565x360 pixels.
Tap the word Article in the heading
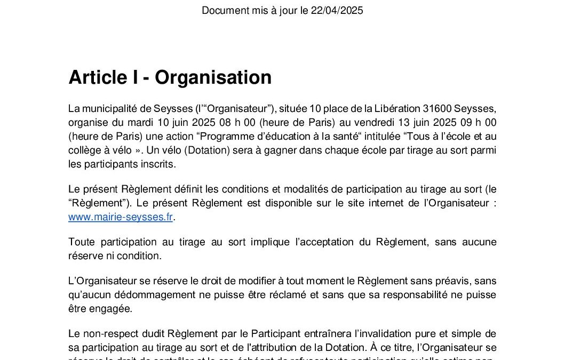[x=95, y=78]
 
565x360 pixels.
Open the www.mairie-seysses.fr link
[x=121, y=217]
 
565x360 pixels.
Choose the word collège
[x=85, y=151]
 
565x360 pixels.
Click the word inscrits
[x=160, y=165]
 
